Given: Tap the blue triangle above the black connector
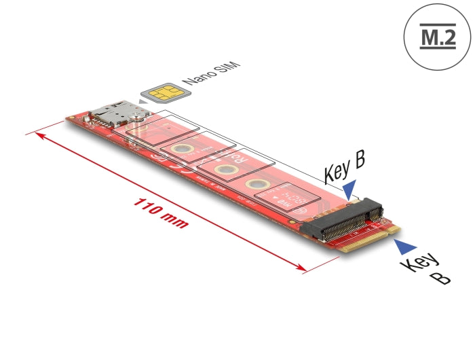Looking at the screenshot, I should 349,187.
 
